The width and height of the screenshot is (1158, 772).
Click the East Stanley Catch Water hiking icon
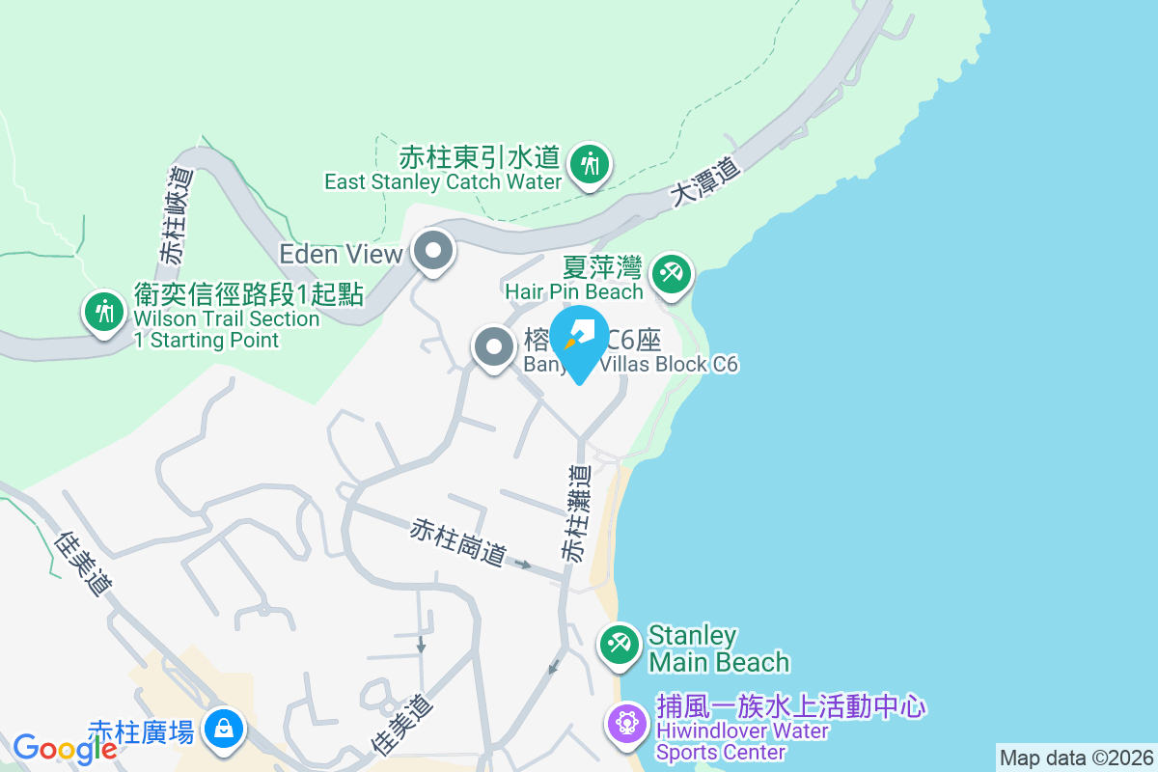tap(588, 164)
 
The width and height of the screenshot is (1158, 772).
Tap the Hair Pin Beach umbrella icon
tap(669, 272)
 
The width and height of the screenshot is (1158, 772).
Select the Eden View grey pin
tap(434, 252)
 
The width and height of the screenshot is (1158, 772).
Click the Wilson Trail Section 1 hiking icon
tap(102, 311)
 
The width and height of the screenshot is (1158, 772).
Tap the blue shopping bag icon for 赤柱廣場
tap(224, 728)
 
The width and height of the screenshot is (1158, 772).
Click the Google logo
tap(65, 748)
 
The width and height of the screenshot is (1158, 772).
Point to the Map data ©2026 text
tap(1075, 758)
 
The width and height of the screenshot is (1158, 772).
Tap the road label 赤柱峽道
tap(178, 216)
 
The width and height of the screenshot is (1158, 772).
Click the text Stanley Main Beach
tap(718, 648)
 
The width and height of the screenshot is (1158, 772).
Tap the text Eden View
tap(341, 254)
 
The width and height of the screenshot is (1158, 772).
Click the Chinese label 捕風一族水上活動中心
tap(791, 706)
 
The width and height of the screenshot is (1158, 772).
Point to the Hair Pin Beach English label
tap(574, 291)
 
